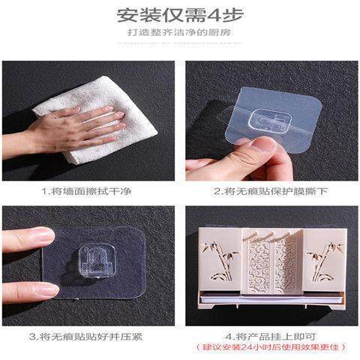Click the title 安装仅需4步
(179, 16)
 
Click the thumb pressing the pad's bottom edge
(41, 289)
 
